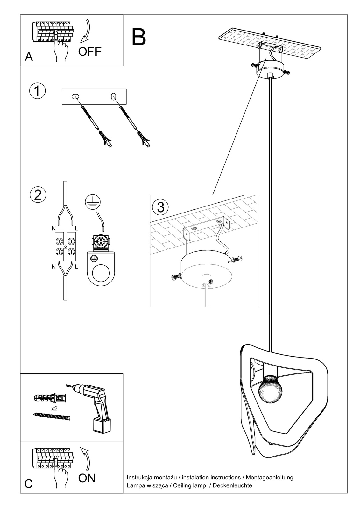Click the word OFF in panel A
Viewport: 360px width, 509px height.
click(x=90, y=51)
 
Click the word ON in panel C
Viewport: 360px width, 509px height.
click(x=87, y=478)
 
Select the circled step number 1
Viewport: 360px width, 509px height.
click(x=37, y=91)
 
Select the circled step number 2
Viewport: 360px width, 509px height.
click(x=38, y=195)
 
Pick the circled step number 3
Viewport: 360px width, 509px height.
click(x=160, y=207)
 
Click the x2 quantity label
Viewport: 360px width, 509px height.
click(x=54, y=408)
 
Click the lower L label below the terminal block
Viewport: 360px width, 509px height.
click(x=76, y=267)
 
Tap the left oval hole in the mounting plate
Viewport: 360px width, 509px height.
click(x=75, y=96)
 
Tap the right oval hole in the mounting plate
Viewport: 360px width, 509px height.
click(x=113, y=97)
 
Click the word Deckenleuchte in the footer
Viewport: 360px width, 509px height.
click(x=232, y=485)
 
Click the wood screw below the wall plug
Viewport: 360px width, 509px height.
click(x=51, y=416)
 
